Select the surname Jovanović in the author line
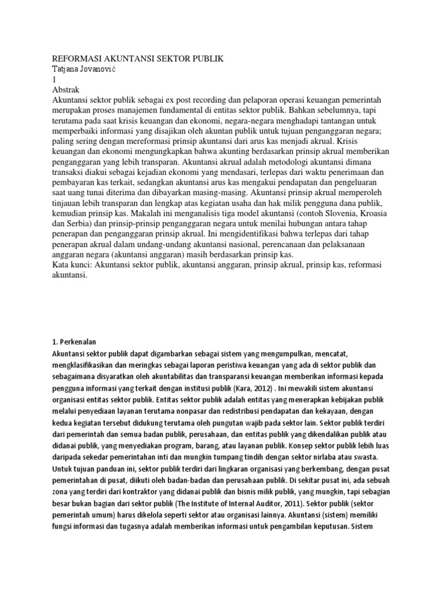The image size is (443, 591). tap(106, 69)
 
